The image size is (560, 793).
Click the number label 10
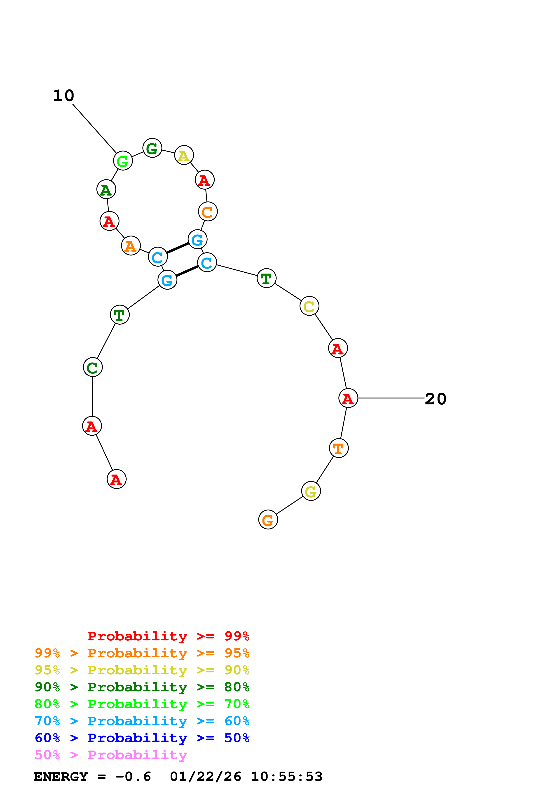[x=63, y=96]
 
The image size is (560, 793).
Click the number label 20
[x=436, y=399]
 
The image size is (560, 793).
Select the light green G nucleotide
[x=123, y=160]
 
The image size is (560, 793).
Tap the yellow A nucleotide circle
[x=184, y=155]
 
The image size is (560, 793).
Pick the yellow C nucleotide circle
[x=309, y=306]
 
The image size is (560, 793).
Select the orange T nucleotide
[x=338, y=448]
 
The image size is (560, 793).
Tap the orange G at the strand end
[x=268, y=519]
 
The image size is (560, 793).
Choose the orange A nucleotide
[x=131, y=245]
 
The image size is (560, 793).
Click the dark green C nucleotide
[x=93, y=367]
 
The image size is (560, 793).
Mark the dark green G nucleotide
[x=152, y=148]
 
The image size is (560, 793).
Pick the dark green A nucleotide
[x=106, y=189]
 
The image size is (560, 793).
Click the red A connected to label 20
[x=348, y=398]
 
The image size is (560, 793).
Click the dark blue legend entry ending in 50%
[x=142, y=738]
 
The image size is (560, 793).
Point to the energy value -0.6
[x=133, y=777]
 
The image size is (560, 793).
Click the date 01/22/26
[x=206, y=777]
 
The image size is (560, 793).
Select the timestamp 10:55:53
[x=286, y=777]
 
